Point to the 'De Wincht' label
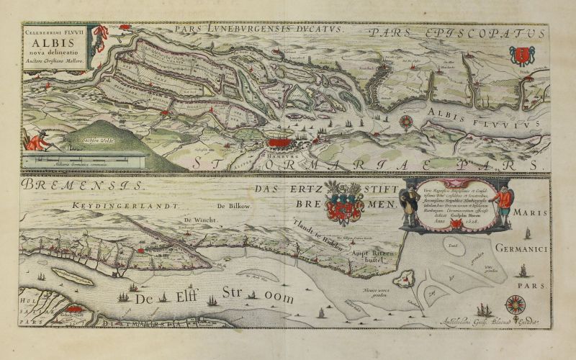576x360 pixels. click(x=198, y=221)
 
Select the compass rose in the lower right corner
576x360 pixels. click(x=515, y=305)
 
